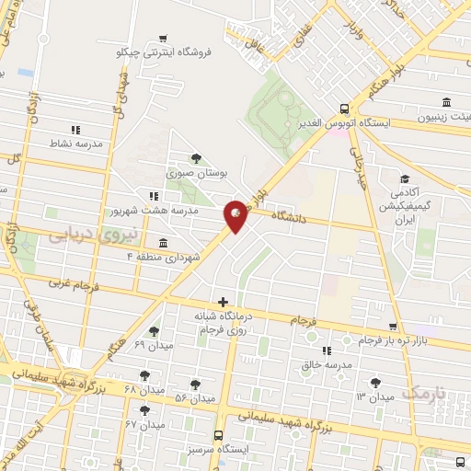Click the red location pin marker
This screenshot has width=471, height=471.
click(x=236, y=215)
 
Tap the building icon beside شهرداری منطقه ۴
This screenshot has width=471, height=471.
click(x=163, y=243)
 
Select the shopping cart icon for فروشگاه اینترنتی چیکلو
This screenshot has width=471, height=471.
click(x=163, y=39)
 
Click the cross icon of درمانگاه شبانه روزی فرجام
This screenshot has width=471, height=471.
click(x=223, y=302)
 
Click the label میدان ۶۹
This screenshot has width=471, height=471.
click(x=153, y=344)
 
